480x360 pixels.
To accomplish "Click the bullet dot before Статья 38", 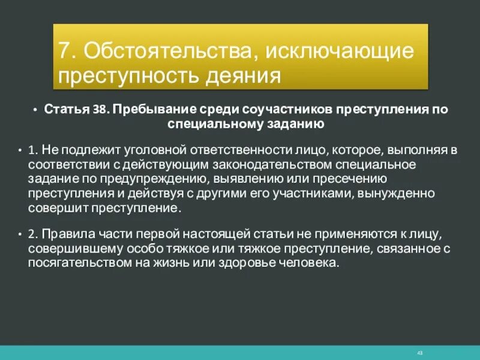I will point(36,111).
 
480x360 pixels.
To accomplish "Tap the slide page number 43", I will point(419,352).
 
